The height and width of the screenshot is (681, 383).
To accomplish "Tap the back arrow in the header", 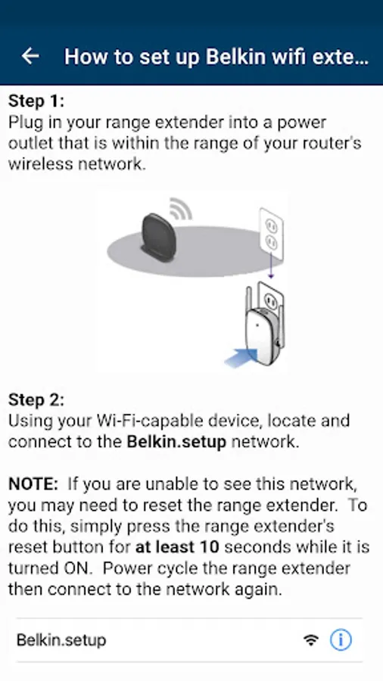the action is coord(30,56).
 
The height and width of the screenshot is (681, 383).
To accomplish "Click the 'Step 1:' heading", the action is coord(36,101).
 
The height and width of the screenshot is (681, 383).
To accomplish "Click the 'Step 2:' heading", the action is coord(36,400).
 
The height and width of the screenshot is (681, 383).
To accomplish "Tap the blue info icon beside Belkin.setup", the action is coord(341,639).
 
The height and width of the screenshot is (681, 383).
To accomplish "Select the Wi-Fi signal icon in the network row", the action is coord(311,640).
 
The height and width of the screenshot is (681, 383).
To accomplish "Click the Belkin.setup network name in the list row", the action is coord(61,640).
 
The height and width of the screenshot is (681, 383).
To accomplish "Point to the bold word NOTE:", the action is coord(33,484).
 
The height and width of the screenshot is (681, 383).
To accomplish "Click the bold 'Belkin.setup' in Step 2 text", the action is coord(176,442).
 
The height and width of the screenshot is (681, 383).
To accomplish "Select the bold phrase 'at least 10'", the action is coord(177,547).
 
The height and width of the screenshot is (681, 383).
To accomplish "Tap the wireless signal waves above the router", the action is coord(181,208).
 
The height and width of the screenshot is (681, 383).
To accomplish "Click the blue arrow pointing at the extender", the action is coord(241,357).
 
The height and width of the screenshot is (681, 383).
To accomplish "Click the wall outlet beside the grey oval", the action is coord(271,229).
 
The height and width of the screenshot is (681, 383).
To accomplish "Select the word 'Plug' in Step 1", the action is coord(25,123).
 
